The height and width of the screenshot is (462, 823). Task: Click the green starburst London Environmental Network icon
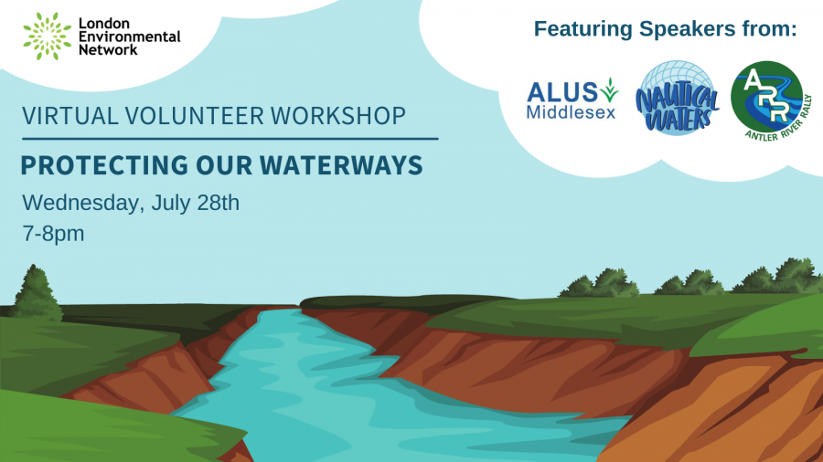coord(48,37)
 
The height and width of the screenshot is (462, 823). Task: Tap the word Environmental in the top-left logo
coord(129,37)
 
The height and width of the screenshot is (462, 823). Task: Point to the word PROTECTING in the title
coord(104,165)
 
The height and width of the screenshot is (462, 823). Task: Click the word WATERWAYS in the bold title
coord(341,165)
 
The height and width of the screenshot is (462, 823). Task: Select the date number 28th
coord(218,203)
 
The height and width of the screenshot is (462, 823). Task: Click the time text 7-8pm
coord(53,234)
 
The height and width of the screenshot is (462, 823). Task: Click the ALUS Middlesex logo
coord(572,100)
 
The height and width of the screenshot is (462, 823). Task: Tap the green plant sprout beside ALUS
coord(609,89)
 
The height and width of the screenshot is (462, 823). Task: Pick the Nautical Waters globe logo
coord(677,98)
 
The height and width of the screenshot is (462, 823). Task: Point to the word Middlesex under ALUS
coord(571,112)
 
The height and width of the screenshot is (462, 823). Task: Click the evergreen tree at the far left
coord(36,292)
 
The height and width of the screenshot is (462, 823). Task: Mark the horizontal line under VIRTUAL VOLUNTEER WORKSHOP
coord(230,139)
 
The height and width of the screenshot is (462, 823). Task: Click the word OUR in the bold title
coord(224,165)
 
